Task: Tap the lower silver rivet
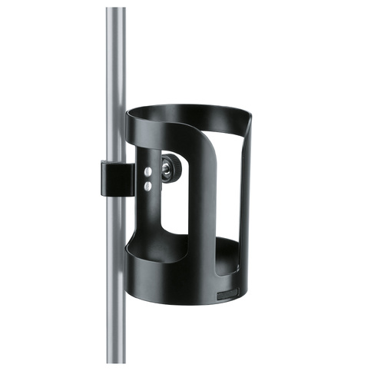pos(147,185)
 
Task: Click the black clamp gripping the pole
pos(112,178)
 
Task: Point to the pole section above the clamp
pos(116,84)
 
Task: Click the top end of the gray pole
pos(116,11)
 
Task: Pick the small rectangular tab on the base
pos(227,295)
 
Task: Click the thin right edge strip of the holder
pos(247,200)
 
